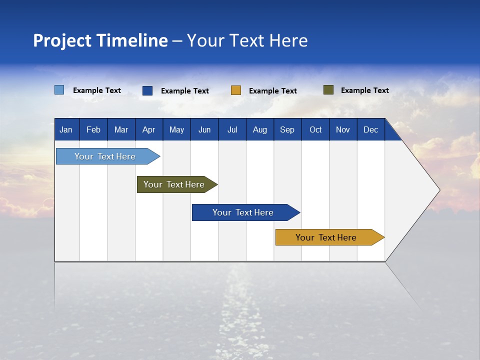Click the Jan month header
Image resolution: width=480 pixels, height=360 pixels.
pyautogui.click(x=66, y=129)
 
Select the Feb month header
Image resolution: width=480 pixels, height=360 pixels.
pyautogui.click(x=93, y=129)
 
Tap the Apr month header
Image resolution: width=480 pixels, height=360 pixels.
pyautogui.click(x=148, y=129)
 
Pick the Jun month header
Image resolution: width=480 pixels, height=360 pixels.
pyautogui.click(x=204, y=129)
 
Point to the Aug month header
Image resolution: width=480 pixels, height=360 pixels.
pyautogui.click(x=259, y=129)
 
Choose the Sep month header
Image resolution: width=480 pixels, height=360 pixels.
pyautogui.click(x=287, y=129)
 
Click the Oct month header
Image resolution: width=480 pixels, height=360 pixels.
pyautogui.click(x=315, y=129)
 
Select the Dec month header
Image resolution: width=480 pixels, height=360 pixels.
pyautogui.click(x=370, y=129)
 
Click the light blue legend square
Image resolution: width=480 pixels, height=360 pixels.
pyautogui.click(x=59, y=90)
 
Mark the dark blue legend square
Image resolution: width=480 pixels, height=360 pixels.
pyautogui.click(x=147, y=90)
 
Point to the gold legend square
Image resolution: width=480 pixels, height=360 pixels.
pyautogui.click(x=236, y=90)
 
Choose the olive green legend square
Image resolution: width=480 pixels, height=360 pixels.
pyautogui.click(x=328, y=90)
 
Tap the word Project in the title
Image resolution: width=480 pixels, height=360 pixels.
pyautogui.click(x=62, y=40)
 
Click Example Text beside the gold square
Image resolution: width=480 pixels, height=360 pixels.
pyautogui.click(x=272, y=91)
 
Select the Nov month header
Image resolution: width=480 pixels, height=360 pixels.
pyautogui.click(x=343, y=129)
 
